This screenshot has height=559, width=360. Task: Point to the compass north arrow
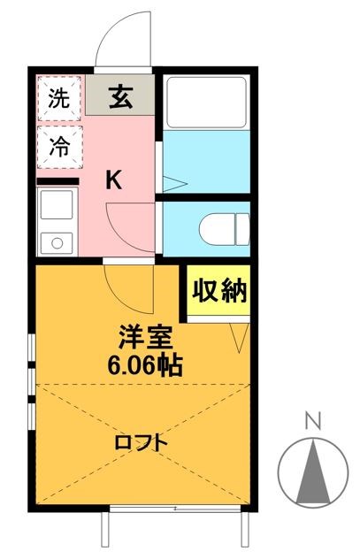click(x=310, y=469)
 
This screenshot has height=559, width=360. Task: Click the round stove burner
click(x=58, y=241)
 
